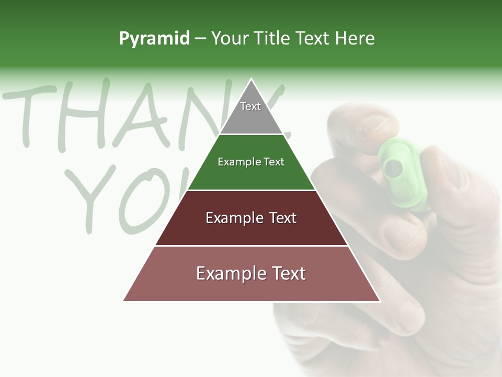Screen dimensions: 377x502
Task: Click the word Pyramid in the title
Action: [154, 38]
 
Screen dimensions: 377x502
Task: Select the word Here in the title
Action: [355, 38]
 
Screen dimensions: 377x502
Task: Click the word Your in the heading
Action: [231, 38]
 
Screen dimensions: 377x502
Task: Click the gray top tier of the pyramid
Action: [251, 113]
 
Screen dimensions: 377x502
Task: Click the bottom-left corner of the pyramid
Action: [124, 301]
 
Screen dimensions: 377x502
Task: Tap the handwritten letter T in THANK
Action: [31, 115]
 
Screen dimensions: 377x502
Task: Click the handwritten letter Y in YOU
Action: [94, 196]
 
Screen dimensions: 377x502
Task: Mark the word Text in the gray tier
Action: [250, 106]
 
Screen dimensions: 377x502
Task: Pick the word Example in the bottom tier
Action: [230, 273]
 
